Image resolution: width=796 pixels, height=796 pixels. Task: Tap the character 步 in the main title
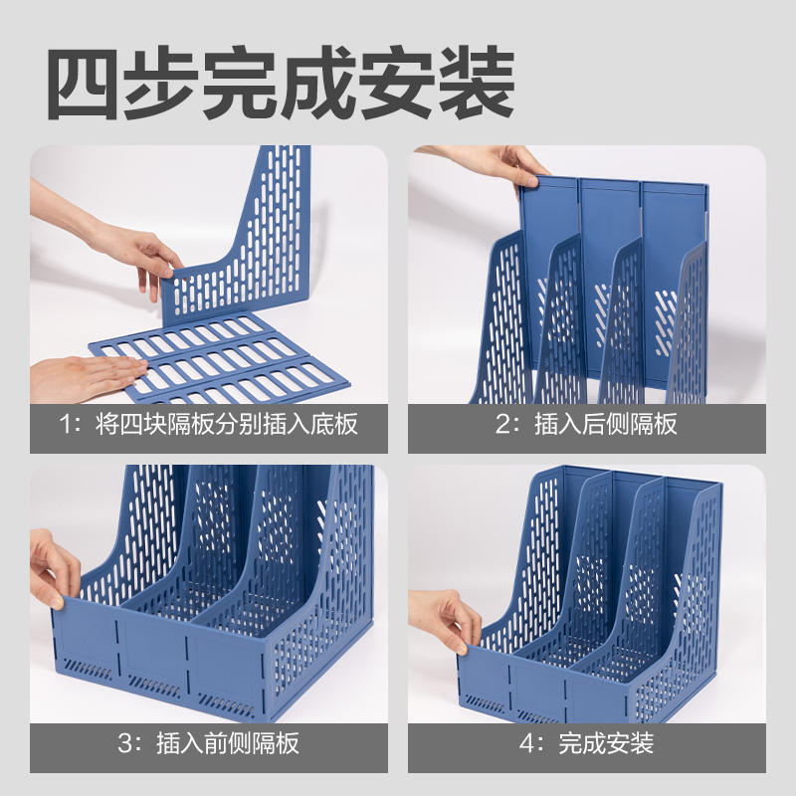(x=162, y=84)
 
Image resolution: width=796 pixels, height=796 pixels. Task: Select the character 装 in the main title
(x=476, y=84)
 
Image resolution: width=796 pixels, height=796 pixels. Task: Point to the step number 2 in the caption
(x=502, y=424)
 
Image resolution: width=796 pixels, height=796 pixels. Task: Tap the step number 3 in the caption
(x=125, y=743)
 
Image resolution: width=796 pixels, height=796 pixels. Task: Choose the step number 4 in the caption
(x=526, y=743)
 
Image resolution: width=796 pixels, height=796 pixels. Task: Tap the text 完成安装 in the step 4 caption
(x=606, y=743)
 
